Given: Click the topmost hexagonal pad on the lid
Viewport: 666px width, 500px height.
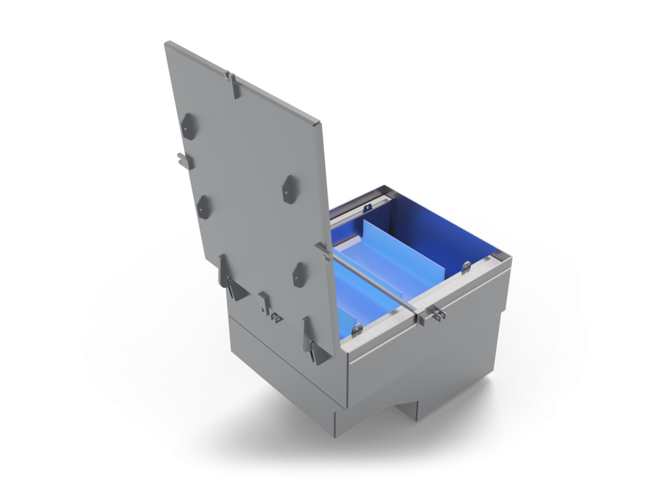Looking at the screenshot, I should point(188,125).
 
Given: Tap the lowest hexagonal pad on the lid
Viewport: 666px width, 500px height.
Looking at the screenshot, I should point(299,274).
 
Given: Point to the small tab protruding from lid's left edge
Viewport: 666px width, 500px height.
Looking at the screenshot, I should point(181,158).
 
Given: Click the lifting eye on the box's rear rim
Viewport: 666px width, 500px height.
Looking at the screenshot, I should point(367,208).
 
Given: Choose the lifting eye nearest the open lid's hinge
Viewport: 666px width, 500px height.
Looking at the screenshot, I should point(356,329).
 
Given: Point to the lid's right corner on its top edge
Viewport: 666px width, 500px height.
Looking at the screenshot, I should point(320,123).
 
